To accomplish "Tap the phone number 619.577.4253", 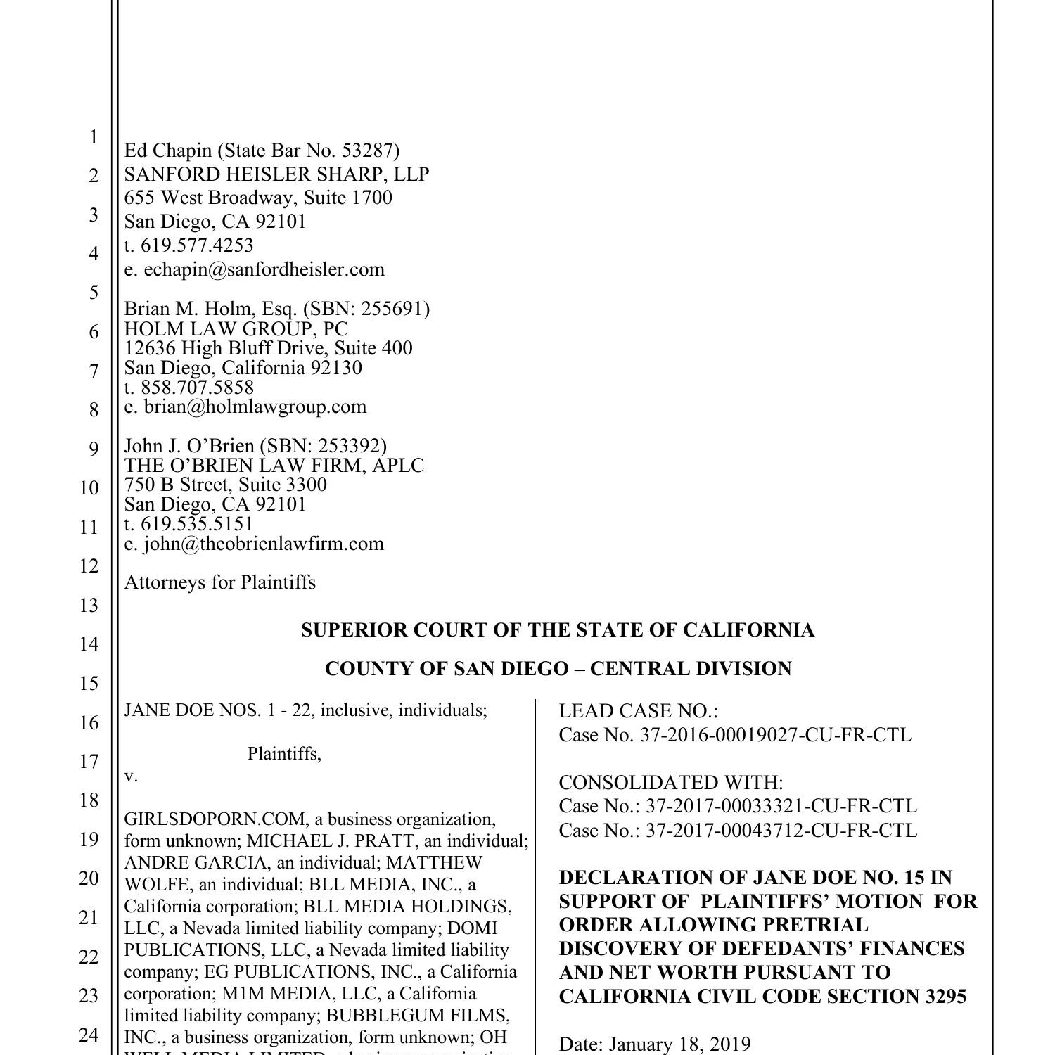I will coord(197,245).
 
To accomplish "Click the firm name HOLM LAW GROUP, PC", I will coord(236,328).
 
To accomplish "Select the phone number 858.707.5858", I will coord(197,388).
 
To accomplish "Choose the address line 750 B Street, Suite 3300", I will coord(225,485).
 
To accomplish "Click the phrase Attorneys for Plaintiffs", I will coord(219,582).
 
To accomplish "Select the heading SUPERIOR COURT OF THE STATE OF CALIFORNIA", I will coord(558,630).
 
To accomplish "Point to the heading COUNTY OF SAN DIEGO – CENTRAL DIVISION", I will coord(558,669).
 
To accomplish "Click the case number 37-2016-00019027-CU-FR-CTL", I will coord(775,735).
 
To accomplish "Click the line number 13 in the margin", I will coord(89,606).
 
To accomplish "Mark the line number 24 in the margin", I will coord(89,1035).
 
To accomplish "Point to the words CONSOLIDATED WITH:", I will coord(670,783).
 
